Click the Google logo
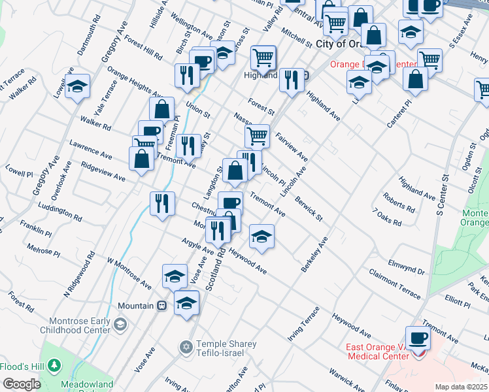point(22,384)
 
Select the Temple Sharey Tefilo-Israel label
point(219,348)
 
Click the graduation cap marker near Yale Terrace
point(78,88)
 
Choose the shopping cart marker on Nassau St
point(258,137)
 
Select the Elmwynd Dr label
point(406,267)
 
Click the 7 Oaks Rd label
point(386,218)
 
